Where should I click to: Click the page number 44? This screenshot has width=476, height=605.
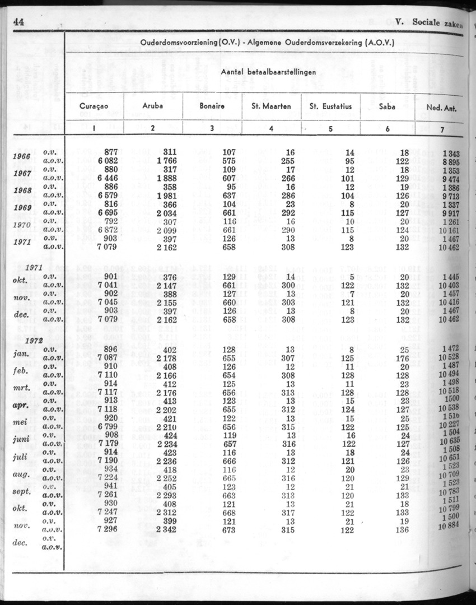(18, 23)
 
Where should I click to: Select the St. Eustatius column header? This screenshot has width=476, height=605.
(330, 106)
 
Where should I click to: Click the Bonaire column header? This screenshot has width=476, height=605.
(212, 106)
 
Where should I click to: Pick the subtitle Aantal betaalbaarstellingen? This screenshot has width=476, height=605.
(268, 72)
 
